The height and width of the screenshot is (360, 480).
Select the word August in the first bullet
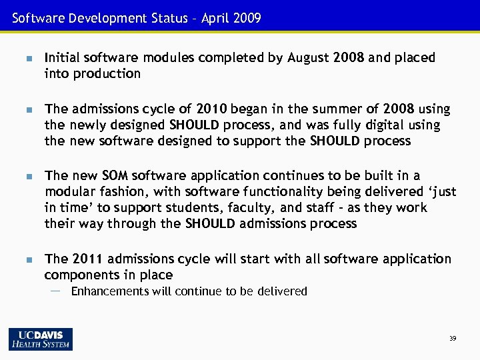309,58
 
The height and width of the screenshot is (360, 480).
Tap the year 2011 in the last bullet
87,258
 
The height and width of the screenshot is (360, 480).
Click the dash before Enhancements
55,291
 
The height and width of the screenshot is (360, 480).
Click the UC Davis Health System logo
41,339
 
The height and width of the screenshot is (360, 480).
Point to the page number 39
453,339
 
